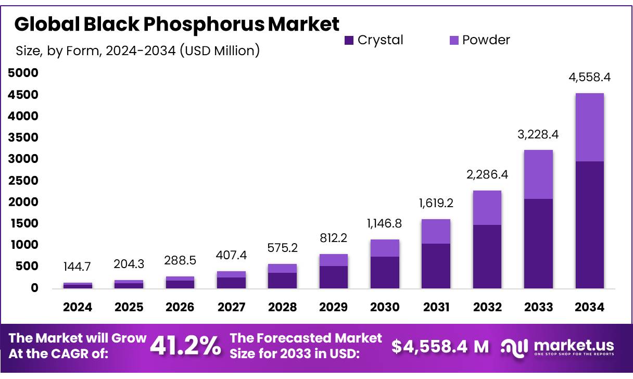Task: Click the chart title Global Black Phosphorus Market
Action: coord(178,24)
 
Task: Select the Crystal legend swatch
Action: coord(349,40)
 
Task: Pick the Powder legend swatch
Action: coord(453,40)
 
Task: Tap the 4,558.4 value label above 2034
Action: coord(589,78)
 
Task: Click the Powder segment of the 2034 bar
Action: coord(589,127)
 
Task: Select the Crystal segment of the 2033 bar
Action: coord(538,243)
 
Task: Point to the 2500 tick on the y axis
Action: coord(24,181)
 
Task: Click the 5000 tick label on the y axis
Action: coord(24,73)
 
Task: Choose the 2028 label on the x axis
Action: coord(282,307)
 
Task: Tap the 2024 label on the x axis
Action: coord(78,307)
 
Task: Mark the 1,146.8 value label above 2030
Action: coord(385,224)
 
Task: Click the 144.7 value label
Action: coord(78,267)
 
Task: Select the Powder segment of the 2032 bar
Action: coord(487,208)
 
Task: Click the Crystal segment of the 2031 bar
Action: coord(436,266)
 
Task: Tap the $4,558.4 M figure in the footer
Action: coord(440,346)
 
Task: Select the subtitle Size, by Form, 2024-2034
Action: coord(137,51)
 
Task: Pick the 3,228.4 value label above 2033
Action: coord(538,134)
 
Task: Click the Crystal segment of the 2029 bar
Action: coord(333,277)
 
